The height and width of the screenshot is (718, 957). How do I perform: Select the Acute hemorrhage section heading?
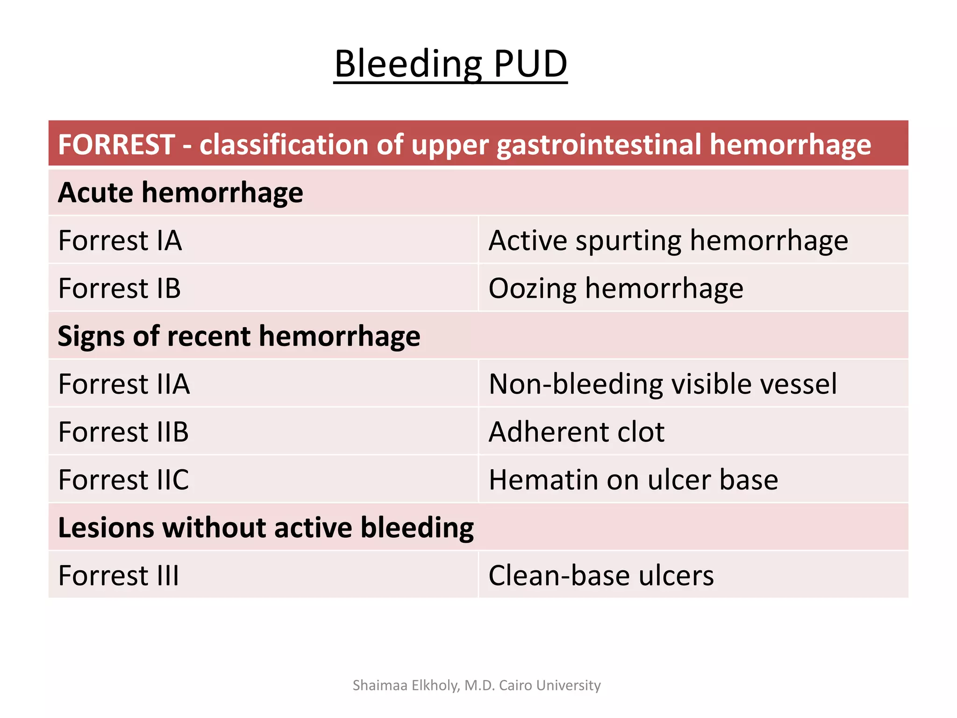[180, 192]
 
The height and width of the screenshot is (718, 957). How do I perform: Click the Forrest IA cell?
[120, 240]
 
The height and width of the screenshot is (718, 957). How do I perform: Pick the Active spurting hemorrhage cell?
[668, 240]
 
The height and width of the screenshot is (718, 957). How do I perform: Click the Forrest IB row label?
[120, 288]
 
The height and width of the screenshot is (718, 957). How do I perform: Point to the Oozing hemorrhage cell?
[616, 288]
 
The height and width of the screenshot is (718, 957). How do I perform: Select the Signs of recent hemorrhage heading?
[239, 336]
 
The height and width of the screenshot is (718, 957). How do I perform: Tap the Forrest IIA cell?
[124, 384]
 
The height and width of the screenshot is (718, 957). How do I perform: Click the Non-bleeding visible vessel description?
[663, 384]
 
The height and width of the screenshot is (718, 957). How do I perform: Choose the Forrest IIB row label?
[123, 431]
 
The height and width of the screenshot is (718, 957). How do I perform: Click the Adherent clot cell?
[576, 431]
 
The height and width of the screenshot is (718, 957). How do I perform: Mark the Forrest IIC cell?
[123, 480]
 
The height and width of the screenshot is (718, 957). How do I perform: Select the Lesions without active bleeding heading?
[265, 527]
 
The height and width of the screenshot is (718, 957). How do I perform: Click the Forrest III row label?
[119, 575]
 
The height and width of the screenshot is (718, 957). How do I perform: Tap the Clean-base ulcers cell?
[601, 575]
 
